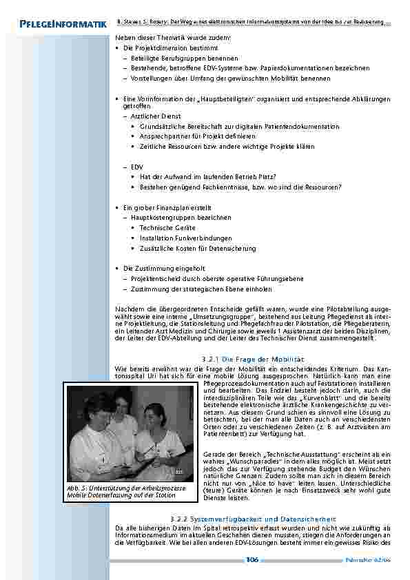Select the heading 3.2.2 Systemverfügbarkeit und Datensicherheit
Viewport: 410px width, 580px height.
tap(253, 518)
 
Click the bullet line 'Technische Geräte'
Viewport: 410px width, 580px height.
tap(167, 227)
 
